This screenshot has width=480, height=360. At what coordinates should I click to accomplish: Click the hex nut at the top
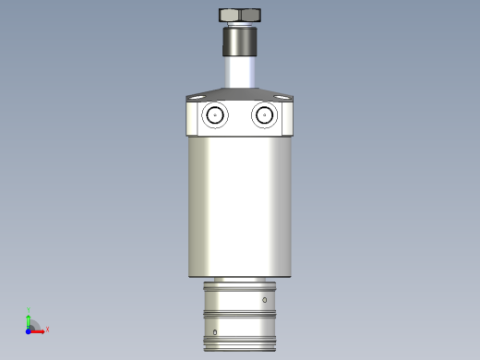pyautogui.click(x=240, y=15)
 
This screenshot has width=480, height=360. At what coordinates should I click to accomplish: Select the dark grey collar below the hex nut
pyautogui.click(x=240, y=42)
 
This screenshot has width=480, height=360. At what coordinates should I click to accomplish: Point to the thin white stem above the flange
pyautogui.click(x=240, y=72)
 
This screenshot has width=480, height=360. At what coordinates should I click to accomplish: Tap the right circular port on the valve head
pyautogui.click(x=264, y=115)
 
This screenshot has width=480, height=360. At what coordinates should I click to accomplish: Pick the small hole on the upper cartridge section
pyautogui.click(x=265, y=301)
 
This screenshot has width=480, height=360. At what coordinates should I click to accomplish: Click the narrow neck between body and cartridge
pyautogui.click(x=240, y=279)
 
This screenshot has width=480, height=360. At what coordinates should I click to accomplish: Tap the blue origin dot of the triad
pyautogui.click(x=28, y=330)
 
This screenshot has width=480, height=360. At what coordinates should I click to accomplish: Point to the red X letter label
pyautogui.click(x=47, y=329)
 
